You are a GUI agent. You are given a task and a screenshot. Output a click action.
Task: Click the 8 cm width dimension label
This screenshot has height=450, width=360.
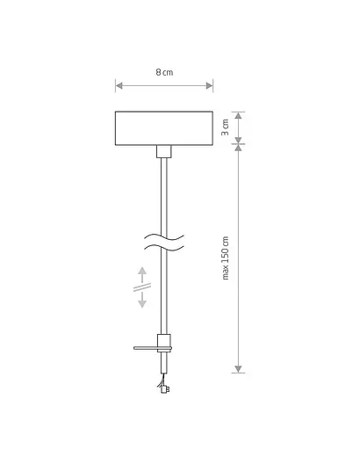tap(164, 72)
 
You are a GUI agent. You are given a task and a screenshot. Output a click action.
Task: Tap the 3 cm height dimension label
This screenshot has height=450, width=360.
tap(225, 127)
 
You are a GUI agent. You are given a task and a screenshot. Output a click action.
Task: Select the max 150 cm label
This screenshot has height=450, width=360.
tap(225, 258)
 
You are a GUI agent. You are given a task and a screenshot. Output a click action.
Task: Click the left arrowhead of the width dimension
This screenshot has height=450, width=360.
tap(119, 85)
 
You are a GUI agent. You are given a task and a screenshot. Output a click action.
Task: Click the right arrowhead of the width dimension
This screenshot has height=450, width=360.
tap(210, 85)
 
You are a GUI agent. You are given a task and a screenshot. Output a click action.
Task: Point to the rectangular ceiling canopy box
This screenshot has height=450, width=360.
tap(164, 128)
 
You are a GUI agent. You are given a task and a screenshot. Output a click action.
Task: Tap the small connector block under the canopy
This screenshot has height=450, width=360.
tap(164, 151)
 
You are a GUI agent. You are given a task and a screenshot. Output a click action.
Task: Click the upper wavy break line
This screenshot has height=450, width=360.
tap(164, 237)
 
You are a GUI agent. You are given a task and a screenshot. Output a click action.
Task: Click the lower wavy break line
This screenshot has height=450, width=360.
tap(164, 248)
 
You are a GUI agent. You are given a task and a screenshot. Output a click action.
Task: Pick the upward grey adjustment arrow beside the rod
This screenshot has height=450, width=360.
tap(142, 274)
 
